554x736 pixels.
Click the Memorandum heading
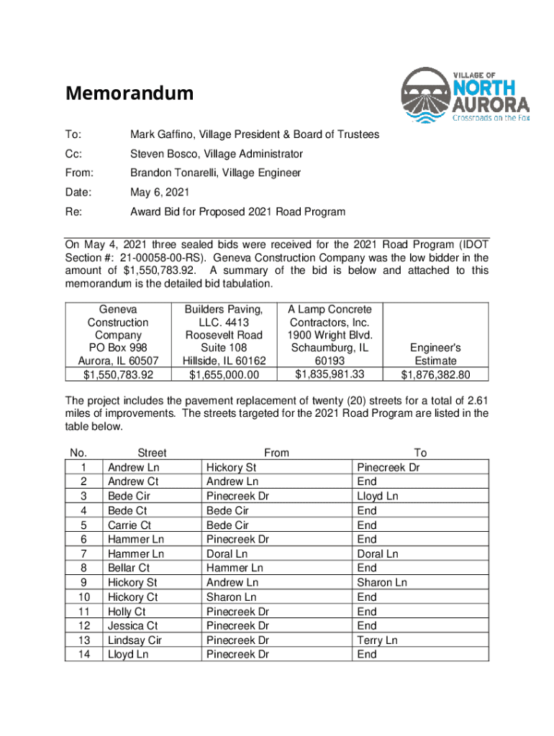click(130, 93)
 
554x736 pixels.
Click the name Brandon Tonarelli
click(174, 173)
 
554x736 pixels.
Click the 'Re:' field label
click(73, 212)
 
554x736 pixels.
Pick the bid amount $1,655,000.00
click(224, 374)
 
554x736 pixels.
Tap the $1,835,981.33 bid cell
click(329, 374)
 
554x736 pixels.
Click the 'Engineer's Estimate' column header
click(435, 354)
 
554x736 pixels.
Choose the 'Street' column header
click(152, 453)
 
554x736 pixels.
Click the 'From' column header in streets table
click(276, 453)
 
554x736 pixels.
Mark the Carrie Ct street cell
click(130, 525)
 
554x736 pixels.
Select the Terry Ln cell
click(377, 640)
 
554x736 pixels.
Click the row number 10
click(84, 597)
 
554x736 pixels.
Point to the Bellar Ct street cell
click(129, 569)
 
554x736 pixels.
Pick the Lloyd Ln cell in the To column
click(378, 497)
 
